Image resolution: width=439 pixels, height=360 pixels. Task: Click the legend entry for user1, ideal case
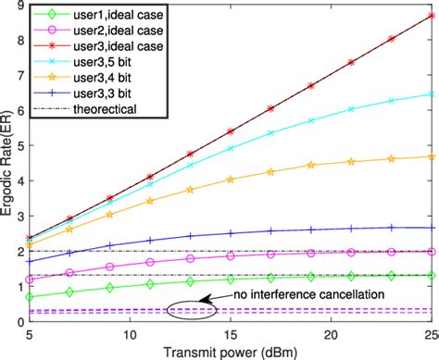coord(103,17)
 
